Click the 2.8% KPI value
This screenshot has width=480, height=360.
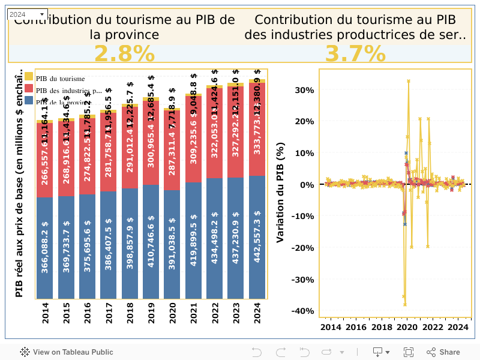click(x=124, y=54)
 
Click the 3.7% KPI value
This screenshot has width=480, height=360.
click(x=355, y=54)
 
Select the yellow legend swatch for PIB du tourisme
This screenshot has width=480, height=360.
click(x=29, y=77)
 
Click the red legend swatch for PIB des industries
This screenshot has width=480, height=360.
click(x=29, y=89)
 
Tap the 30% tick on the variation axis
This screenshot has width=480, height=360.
click(x=306, y=90)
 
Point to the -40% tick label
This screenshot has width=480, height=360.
click(x=304, y=311)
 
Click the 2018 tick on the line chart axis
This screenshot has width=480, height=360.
click(x=382, y=328)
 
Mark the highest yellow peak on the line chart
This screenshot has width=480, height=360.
click(x=409, y=81)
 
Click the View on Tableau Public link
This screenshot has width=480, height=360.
click(x=66, y=352)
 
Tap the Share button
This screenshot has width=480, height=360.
click(x=443, y=352)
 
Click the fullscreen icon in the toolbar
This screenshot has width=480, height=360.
click(x=409, y=352)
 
